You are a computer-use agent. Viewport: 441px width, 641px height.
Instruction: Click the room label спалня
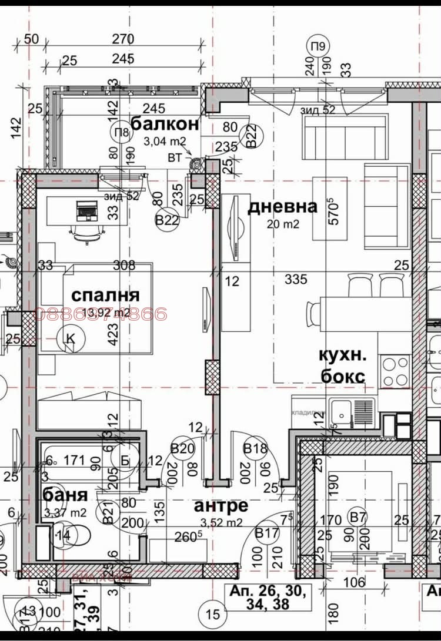[x=105, y=295]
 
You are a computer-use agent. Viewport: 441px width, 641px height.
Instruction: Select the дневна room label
[x=282, y=207]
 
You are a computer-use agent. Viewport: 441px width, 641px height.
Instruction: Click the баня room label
[x=65, y=495]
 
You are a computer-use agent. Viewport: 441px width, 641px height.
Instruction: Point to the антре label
[x=221, y=505]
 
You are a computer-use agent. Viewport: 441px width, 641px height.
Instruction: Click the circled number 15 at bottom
[x=213, y=614]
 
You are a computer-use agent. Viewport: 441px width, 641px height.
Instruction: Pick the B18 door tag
[x=256, y=449]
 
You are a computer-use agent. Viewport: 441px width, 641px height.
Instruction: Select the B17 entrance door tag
[x=267, y=533]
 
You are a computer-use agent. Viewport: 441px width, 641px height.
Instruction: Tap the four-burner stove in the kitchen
[x=396, y=371]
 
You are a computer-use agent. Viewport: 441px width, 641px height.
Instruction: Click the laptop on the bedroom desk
[x=86, y=209]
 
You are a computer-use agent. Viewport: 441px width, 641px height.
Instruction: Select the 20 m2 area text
[x=283, y=224]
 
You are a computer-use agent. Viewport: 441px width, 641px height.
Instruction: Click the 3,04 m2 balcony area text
[x=165, y=140]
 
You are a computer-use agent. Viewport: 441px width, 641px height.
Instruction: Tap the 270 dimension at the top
[x=123, y=39]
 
